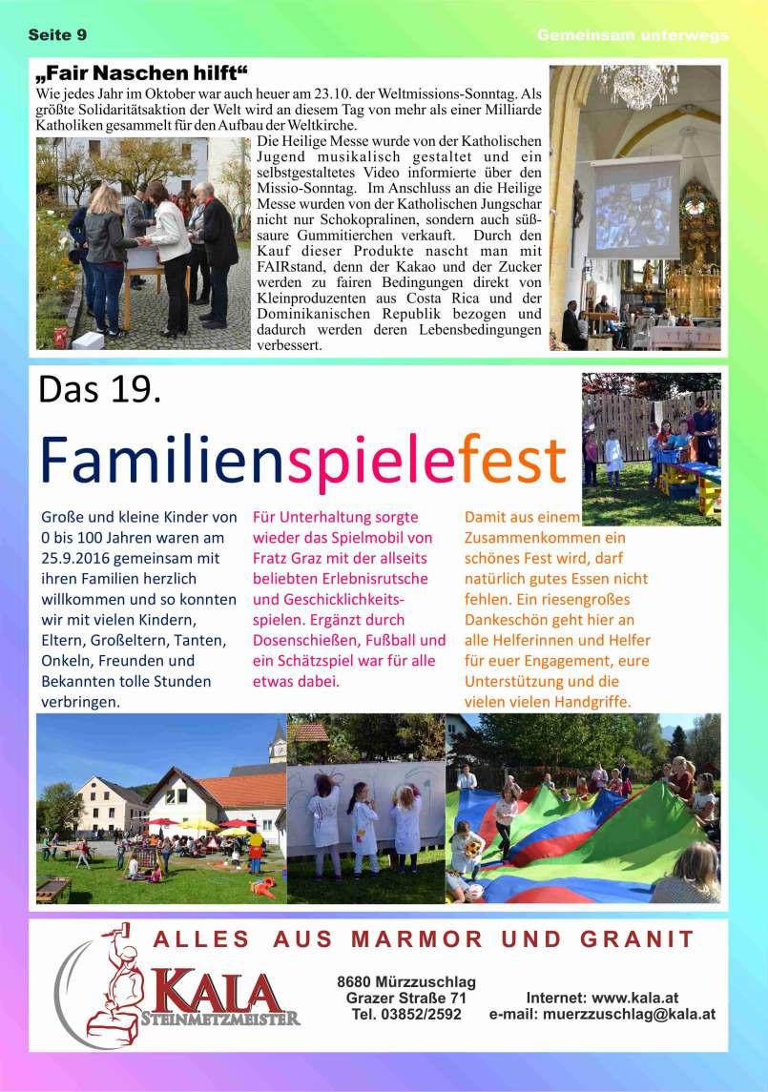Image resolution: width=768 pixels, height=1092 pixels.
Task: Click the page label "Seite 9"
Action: pyautogui.click(x=57, y=35)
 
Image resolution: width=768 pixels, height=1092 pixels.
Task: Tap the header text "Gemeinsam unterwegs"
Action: pyautogui.click(x=633, y=35)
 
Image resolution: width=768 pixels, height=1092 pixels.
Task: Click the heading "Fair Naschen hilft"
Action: pyautogui.click(x=142, y=74)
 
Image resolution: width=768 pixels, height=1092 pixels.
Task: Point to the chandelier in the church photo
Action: pyautogui.click(x=637, y=86)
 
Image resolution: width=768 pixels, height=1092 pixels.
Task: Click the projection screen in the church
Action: pyautogui.click(x=633, y=207)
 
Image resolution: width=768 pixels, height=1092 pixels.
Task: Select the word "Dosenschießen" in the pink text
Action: pyautogui.click(x=301, y=640)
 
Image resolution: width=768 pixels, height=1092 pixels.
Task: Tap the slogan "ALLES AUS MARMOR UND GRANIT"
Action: pyautogui.click(x=424, y=939)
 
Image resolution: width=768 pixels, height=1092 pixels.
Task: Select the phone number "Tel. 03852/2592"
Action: pyautogui.click(x=406, y=1015)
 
